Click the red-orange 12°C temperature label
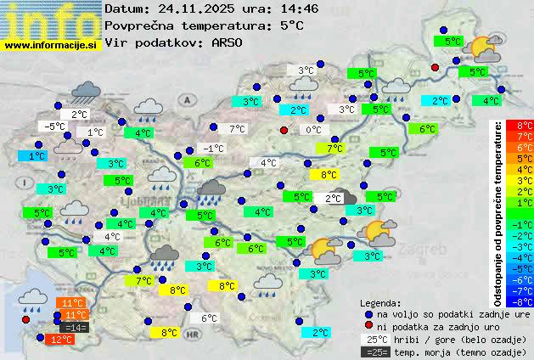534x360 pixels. click(60, 340)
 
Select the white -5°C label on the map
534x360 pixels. click(55, 127)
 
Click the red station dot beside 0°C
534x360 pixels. click(284, 130)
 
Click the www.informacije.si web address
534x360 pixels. click(51, 44)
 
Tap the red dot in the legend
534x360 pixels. click(368, 326)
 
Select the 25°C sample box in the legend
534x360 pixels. click(374, 339)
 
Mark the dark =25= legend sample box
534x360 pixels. click(374, 352)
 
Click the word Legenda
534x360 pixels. click(381, 302)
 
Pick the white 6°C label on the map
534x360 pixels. click(209, 318)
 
